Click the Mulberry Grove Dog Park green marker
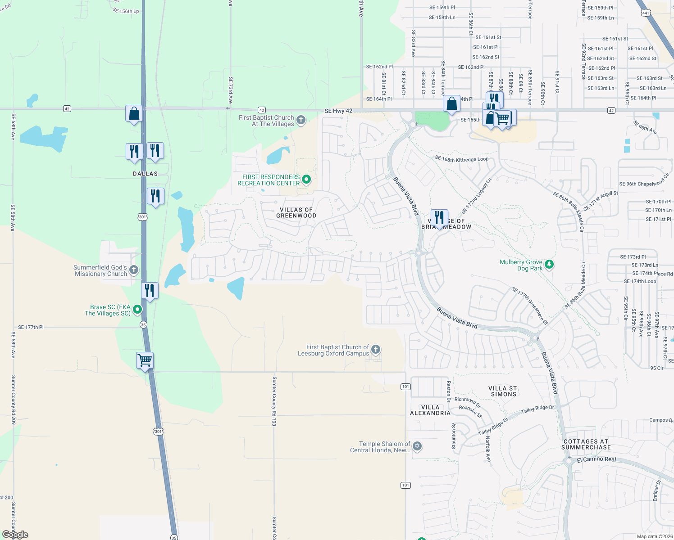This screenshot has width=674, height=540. coord(549,264)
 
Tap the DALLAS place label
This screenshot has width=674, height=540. coord(145,174)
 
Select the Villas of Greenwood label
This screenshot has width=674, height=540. coord(296,213)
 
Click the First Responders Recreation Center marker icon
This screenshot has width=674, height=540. coord(306,180)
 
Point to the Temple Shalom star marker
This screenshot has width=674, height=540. coord(417,446)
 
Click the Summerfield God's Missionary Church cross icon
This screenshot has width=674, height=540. coord(133,270)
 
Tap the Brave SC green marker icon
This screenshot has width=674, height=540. coord(137,309)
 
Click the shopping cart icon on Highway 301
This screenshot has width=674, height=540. coord(145,360)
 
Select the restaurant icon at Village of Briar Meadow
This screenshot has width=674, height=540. coord(439,218)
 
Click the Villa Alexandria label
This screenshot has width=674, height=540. coord(430,410)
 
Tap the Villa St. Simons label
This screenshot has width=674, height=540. coord(503,391)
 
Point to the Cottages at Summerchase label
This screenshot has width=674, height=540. coord(586,444)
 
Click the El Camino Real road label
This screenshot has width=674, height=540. coord(596,459)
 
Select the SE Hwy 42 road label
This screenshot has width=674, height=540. coord(338,111)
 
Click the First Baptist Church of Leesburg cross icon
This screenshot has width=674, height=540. coord(375,350)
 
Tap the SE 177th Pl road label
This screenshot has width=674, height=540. coord(31,327)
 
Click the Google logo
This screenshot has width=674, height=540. coord(15,535)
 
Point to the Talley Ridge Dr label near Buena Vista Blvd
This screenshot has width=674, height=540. coord(534,409)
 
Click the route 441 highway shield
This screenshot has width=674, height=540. coord(646,13)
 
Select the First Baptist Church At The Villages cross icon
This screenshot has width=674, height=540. coord(301,120)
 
